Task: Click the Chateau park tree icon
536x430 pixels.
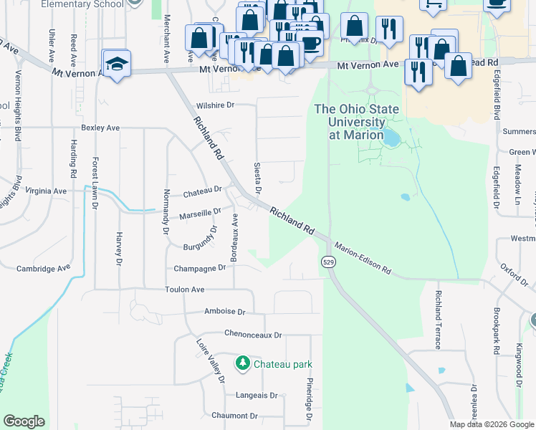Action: pos(243,364)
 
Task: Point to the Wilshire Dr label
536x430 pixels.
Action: pos(215,105)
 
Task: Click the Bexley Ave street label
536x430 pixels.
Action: pos(100,128)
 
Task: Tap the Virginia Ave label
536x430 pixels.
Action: pos(45,191)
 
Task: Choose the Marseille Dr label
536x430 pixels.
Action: pos(200,214)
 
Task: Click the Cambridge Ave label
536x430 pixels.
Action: pos(44,268)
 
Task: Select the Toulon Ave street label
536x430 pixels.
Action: pos(185,290)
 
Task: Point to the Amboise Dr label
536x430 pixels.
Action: pos(224,312)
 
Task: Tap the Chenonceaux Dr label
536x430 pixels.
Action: pos(253,335)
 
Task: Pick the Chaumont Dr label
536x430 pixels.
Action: pos(234,416)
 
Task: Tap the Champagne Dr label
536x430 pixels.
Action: pos(200,268)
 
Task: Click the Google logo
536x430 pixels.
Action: pos(24,421)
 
